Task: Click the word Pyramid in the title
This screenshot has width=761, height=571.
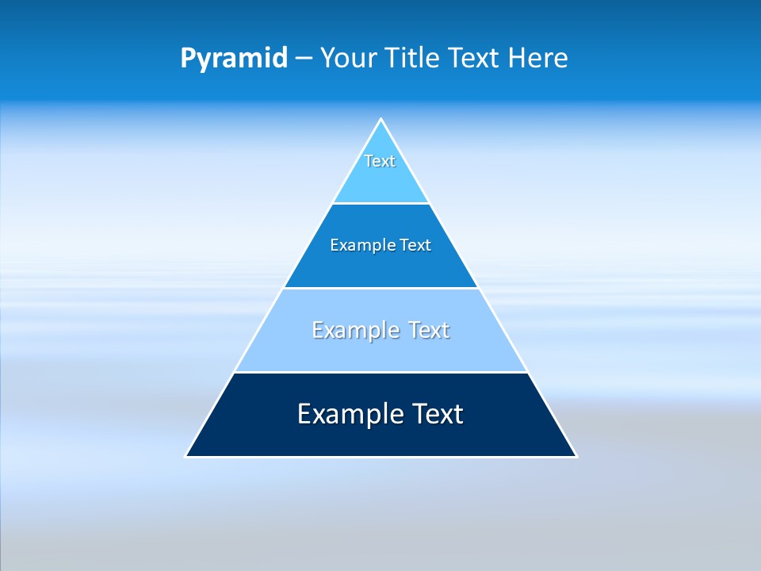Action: (234, 59)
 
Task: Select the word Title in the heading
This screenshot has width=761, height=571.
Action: (414, 59)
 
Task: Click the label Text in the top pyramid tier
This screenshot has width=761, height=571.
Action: (380, 161)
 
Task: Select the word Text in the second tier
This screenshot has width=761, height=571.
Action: (415, 246)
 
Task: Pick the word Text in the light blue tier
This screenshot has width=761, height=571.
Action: (429, 330)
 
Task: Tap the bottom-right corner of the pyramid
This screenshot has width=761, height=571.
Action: (576, 456)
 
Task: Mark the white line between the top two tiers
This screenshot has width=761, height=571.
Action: (380, 204)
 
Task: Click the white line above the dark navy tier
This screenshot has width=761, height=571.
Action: (380, 372)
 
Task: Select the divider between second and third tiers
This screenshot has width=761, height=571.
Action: (380, 288)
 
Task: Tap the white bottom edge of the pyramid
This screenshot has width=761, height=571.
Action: (380, 457)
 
